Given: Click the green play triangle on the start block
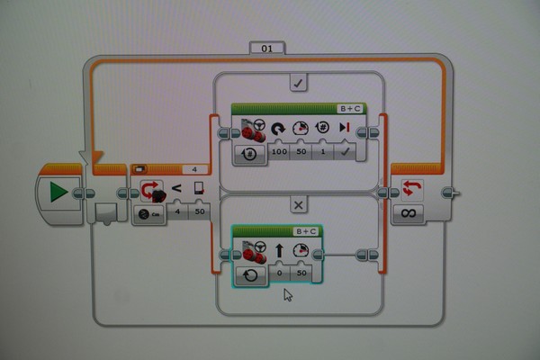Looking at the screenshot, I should point(58,192).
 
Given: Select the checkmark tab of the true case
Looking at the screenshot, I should point(299,84).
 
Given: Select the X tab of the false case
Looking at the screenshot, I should point(299,204).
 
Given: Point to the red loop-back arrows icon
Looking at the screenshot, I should point(412,189).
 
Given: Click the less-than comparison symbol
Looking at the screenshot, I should point(176,188).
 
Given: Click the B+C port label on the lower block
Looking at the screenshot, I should point(306,231).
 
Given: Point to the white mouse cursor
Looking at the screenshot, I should point(288,294).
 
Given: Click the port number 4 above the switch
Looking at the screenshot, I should point(194,168).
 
